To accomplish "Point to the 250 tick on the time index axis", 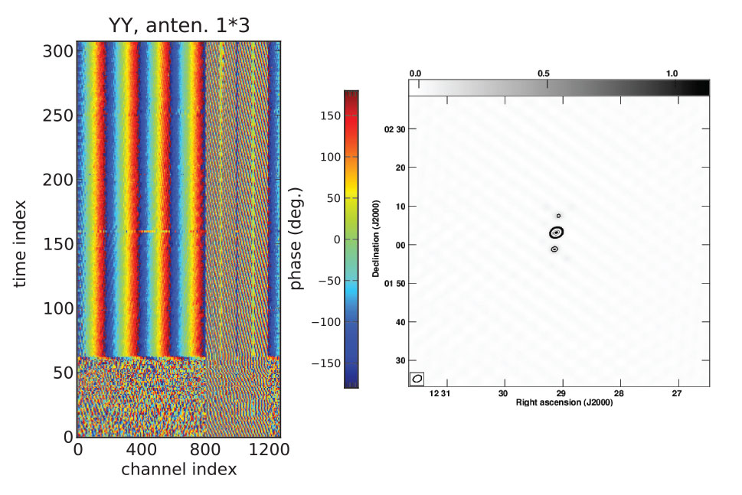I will coord(58,115).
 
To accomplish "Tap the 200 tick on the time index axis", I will coord(58,180).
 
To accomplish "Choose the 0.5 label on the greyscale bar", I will coord(544,73).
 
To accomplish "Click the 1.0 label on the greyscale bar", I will coord(672,73).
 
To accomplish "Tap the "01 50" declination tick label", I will coord(394,283).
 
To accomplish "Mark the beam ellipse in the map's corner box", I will coord(417,378).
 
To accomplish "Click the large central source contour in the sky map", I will coord(557,233).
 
